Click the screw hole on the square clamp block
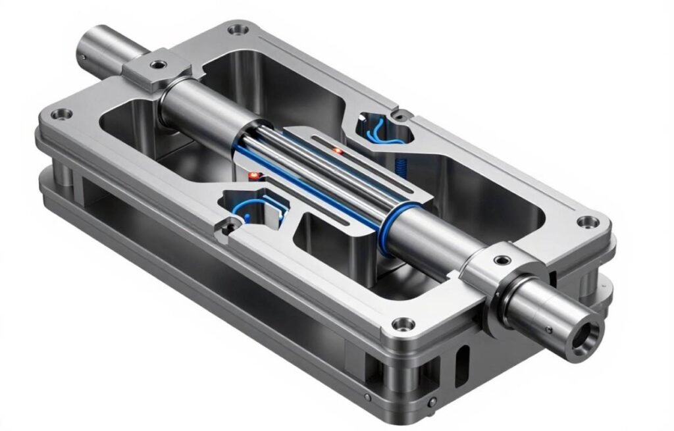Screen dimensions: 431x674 158,64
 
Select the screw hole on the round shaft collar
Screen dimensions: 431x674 503,260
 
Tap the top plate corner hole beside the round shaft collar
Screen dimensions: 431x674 584,222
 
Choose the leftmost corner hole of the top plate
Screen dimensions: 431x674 64,114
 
